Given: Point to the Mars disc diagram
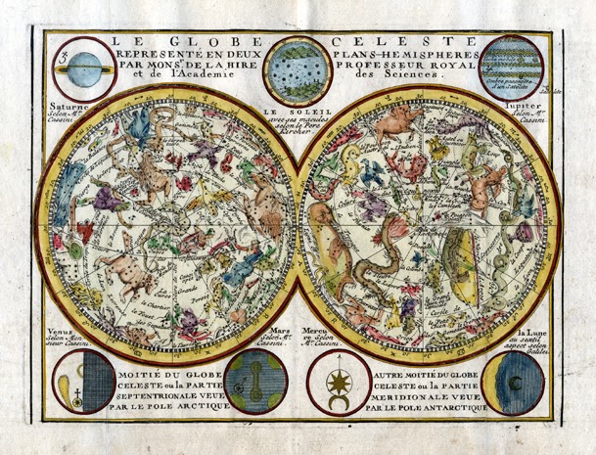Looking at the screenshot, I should tap(254, 383).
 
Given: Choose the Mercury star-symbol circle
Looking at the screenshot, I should tap(339, 383).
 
